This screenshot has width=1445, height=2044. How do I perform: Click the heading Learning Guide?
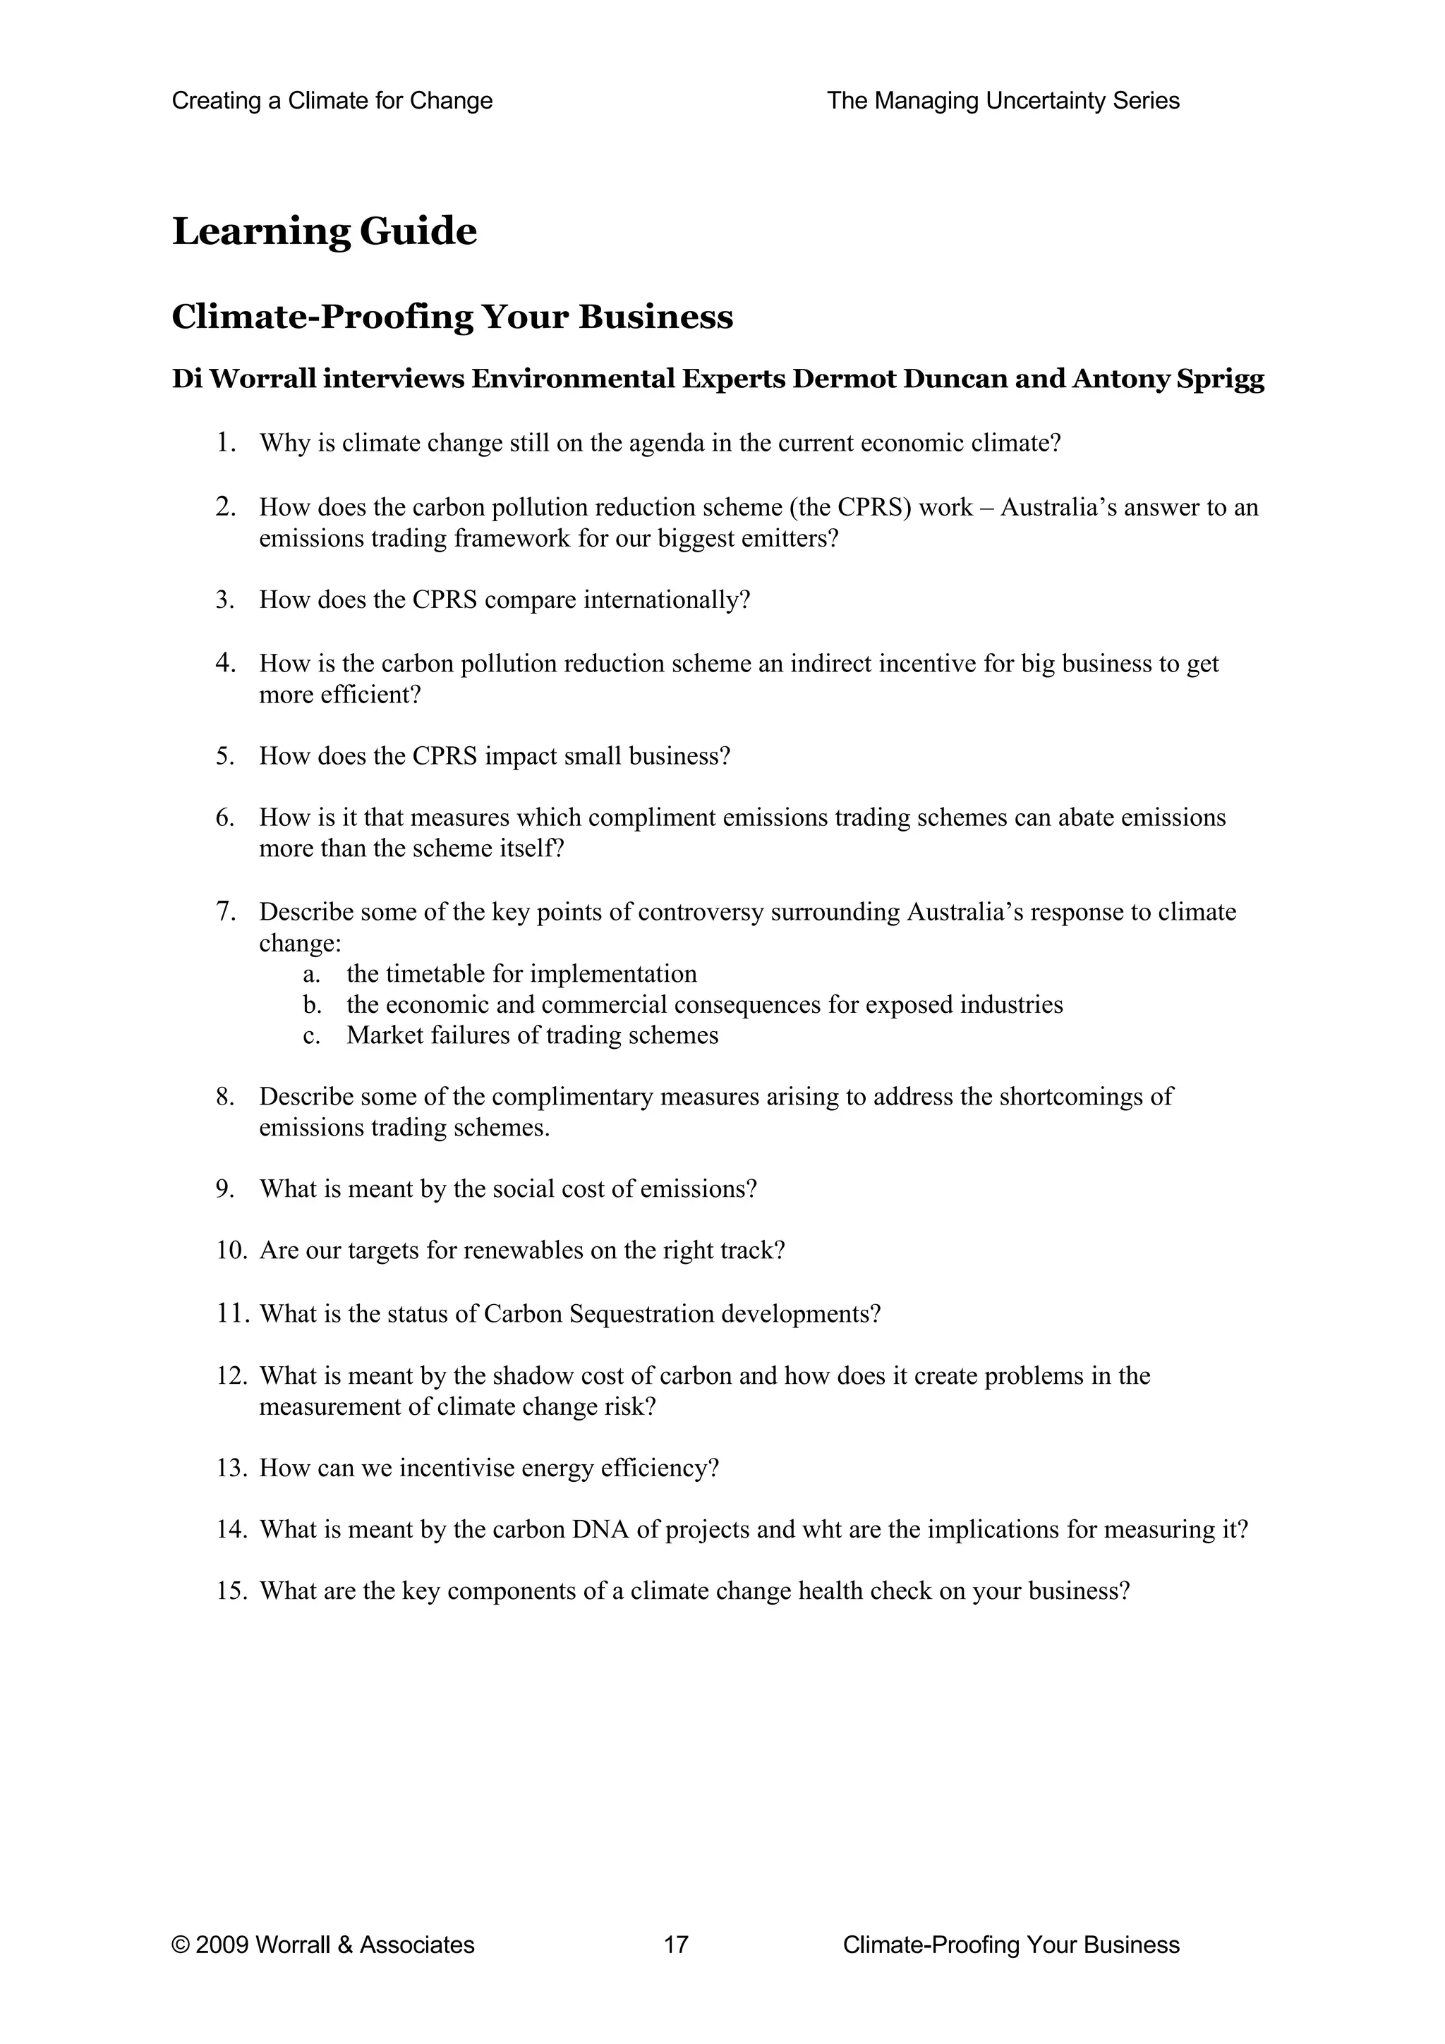click(324, 231)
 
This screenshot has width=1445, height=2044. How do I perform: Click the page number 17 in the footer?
click(676, 1945)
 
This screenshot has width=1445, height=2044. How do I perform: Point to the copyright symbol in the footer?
click(180, 1945)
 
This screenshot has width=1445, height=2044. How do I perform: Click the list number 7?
click(224, 911)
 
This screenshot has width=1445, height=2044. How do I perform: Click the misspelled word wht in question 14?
click(823, 1529)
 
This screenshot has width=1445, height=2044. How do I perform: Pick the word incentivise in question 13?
click(457, 1468)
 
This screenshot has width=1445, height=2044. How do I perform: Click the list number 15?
click(230, 1591)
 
